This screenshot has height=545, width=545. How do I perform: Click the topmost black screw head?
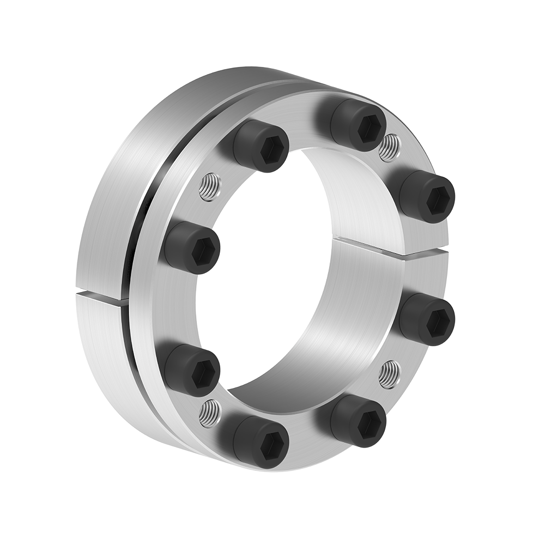click(359, 125)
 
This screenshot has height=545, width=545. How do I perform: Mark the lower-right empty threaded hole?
click(389, 373)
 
